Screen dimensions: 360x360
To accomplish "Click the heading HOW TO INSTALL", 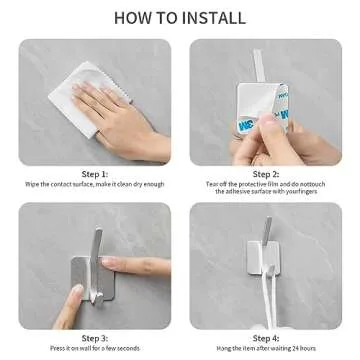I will click(180, 17).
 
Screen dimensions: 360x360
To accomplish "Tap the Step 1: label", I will click(96, 171).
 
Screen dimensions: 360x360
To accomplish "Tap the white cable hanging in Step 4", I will click(262, 300).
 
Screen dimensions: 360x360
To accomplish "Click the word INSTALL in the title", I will click(215, 17).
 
